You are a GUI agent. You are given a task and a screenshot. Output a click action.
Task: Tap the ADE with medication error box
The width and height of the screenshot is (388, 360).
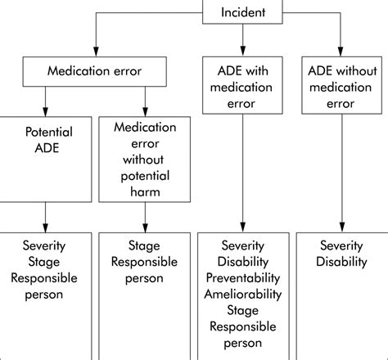[x=242, y=83]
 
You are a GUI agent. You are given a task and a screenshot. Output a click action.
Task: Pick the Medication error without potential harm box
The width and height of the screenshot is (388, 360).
[x=145, y=160]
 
